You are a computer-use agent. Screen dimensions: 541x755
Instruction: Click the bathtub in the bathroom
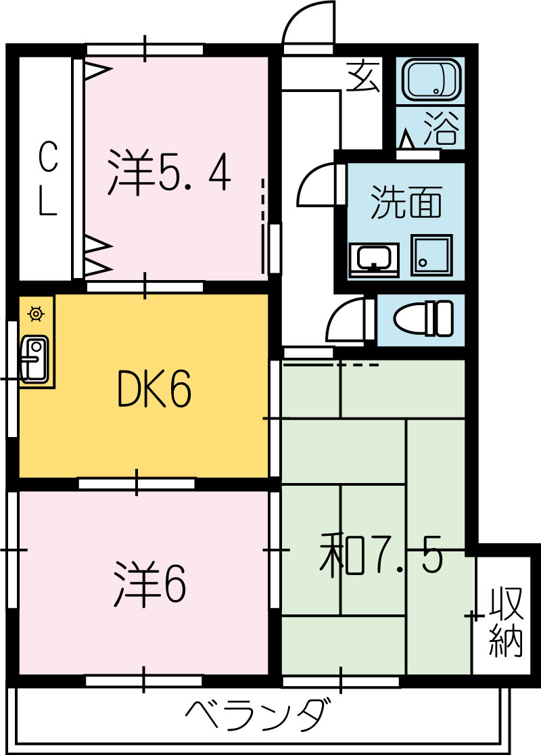[431, 80]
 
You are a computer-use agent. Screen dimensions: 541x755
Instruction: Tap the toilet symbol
[423, 318]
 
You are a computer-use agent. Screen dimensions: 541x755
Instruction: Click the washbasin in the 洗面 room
[374, 259]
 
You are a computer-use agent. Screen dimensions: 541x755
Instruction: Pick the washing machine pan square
[431, 255]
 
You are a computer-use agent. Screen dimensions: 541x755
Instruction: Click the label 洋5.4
[169, 173]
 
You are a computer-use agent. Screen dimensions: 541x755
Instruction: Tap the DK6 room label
[154, 388]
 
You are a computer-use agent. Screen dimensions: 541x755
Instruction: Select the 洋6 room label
[149, 584]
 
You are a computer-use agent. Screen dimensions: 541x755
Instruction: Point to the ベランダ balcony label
[259, 716]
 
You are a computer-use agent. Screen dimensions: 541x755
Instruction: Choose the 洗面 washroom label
[406, 202]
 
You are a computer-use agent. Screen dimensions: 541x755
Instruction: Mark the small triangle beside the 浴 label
[407, 139]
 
